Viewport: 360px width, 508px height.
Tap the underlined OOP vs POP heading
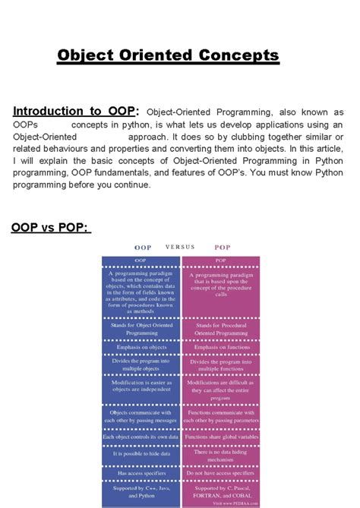click(51, 228)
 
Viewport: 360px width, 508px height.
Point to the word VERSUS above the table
click(180, 247)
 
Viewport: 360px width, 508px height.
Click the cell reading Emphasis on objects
click(141, 347)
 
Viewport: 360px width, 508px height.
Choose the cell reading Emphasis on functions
click(219, 347)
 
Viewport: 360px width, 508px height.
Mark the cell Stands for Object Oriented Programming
click(141, 327)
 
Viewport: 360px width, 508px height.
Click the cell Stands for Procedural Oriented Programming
click(219, 327)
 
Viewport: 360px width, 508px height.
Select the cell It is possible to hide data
click(141, 453)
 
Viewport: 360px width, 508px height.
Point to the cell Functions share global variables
click(219, 437)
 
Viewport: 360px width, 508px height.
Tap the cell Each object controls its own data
click(141, 437)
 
